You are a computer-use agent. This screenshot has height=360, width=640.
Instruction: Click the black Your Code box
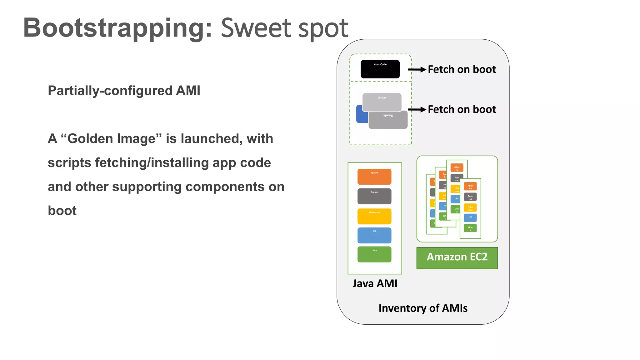tap(380, 69)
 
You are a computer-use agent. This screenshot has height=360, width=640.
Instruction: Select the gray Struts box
tap(382, 102)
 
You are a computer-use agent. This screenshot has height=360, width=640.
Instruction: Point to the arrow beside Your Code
tap(417, 69)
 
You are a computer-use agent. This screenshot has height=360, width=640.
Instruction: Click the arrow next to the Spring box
tap(417, 109)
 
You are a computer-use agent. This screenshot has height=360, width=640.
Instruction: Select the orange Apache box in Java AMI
tap(374, 177)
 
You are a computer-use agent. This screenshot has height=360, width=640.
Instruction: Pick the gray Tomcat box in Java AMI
tap(374, 196)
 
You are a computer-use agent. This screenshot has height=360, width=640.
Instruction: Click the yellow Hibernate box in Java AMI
tap(374, 216)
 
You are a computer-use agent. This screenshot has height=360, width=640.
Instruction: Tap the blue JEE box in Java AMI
tap(374, 235)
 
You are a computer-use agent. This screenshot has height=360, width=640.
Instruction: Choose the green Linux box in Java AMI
tap(374, 254)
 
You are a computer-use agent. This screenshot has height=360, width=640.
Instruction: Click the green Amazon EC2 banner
tap(457, 257)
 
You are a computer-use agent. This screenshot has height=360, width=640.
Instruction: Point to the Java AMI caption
tap(375, 283)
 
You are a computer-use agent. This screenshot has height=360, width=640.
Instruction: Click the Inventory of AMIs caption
tap(423, 308)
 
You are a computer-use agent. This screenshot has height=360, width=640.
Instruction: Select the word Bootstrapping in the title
tap(117, 28)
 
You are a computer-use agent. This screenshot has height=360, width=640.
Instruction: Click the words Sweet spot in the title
tap(284, 28)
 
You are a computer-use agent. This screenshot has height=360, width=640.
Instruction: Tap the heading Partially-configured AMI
tap(124, 91)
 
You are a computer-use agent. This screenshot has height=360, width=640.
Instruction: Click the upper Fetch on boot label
tap(462, 69)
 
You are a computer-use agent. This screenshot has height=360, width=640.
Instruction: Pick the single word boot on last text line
tap(62, 211)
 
